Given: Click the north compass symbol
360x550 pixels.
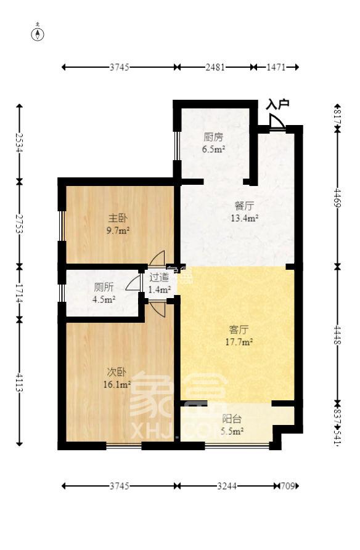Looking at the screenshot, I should pos(38,33).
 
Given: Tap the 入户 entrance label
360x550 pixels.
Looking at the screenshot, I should pos(277,105).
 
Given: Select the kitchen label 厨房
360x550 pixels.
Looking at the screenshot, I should pos(214,137).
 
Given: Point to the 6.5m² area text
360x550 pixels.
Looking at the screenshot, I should pos(214,148).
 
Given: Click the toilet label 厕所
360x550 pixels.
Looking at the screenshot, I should pos(104,288).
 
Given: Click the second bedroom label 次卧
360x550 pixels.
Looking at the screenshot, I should pos(117,372).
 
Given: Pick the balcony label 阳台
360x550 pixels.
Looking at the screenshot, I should pos(232,419).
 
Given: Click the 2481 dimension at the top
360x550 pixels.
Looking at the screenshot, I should pos(215,67).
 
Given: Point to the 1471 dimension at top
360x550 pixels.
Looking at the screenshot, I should pos(275,67).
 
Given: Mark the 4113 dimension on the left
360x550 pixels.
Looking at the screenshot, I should pos(20,381).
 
